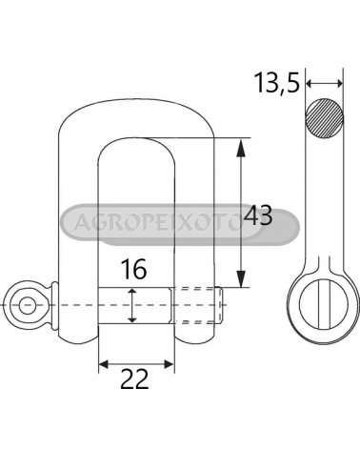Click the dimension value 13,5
pyautogui.click(x=277, y=83)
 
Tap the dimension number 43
pyautogui.click(x=259, y=215)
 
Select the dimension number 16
pyautogui.click(x=133, y=269)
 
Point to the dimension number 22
pyautogui.click(x=134, y=378)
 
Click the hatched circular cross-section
pyautogui.click(x=325, y=117)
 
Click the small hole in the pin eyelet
pyautogui.click(x=27, y=305)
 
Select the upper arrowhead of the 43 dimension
pyautogui.click(x=242, y=148)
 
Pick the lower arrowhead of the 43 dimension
pyautogui.click(x=242, y=279)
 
